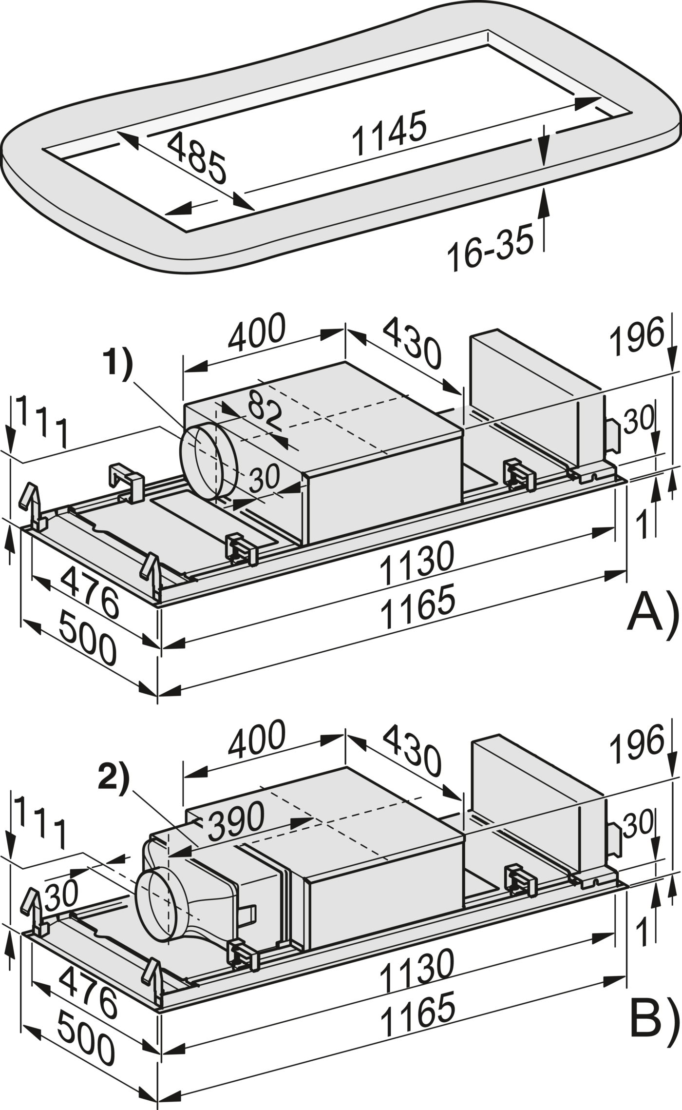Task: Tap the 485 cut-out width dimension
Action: tap(197, 157)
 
